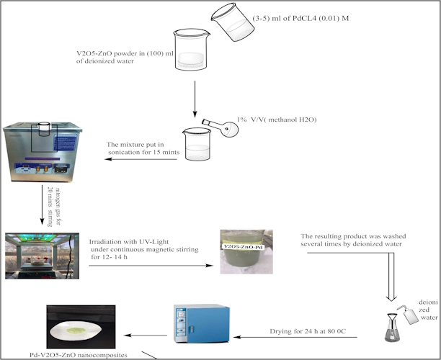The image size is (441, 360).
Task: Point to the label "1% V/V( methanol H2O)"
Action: [277, 118]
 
